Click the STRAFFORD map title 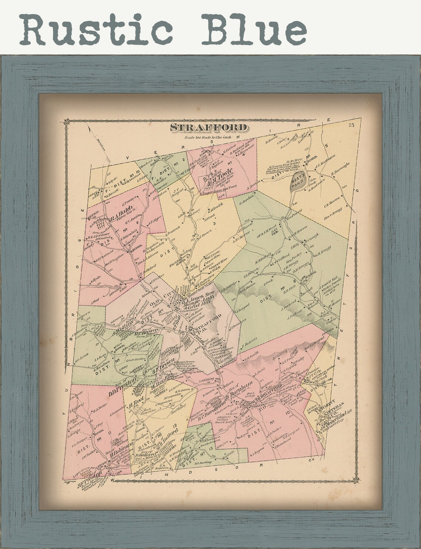(208, 128)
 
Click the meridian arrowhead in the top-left (90, 130)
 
